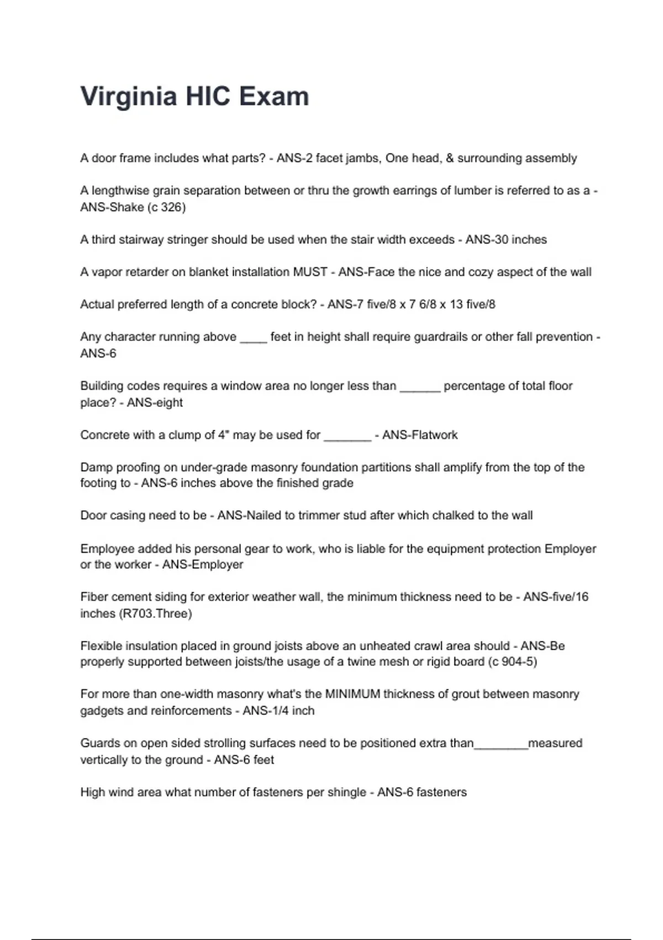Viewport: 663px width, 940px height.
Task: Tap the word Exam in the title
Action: click(274, 97)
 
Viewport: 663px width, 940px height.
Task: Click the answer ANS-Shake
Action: click(112, 207)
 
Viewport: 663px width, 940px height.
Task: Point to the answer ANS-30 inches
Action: click(506, 239)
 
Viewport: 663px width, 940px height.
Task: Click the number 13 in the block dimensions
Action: click(456, 304)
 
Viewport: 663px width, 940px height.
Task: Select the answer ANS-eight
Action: click(155, 403)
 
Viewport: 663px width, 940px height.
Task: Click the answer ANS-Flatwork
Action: click(420, 435)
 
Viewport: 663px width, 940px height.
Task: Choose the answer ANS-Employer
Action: click(202, 565)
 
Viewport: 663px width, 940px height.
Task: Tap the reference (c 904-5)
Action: click(513, 662)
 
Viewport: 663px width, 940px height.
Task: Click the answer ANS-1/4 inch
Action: click(278, 711)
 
